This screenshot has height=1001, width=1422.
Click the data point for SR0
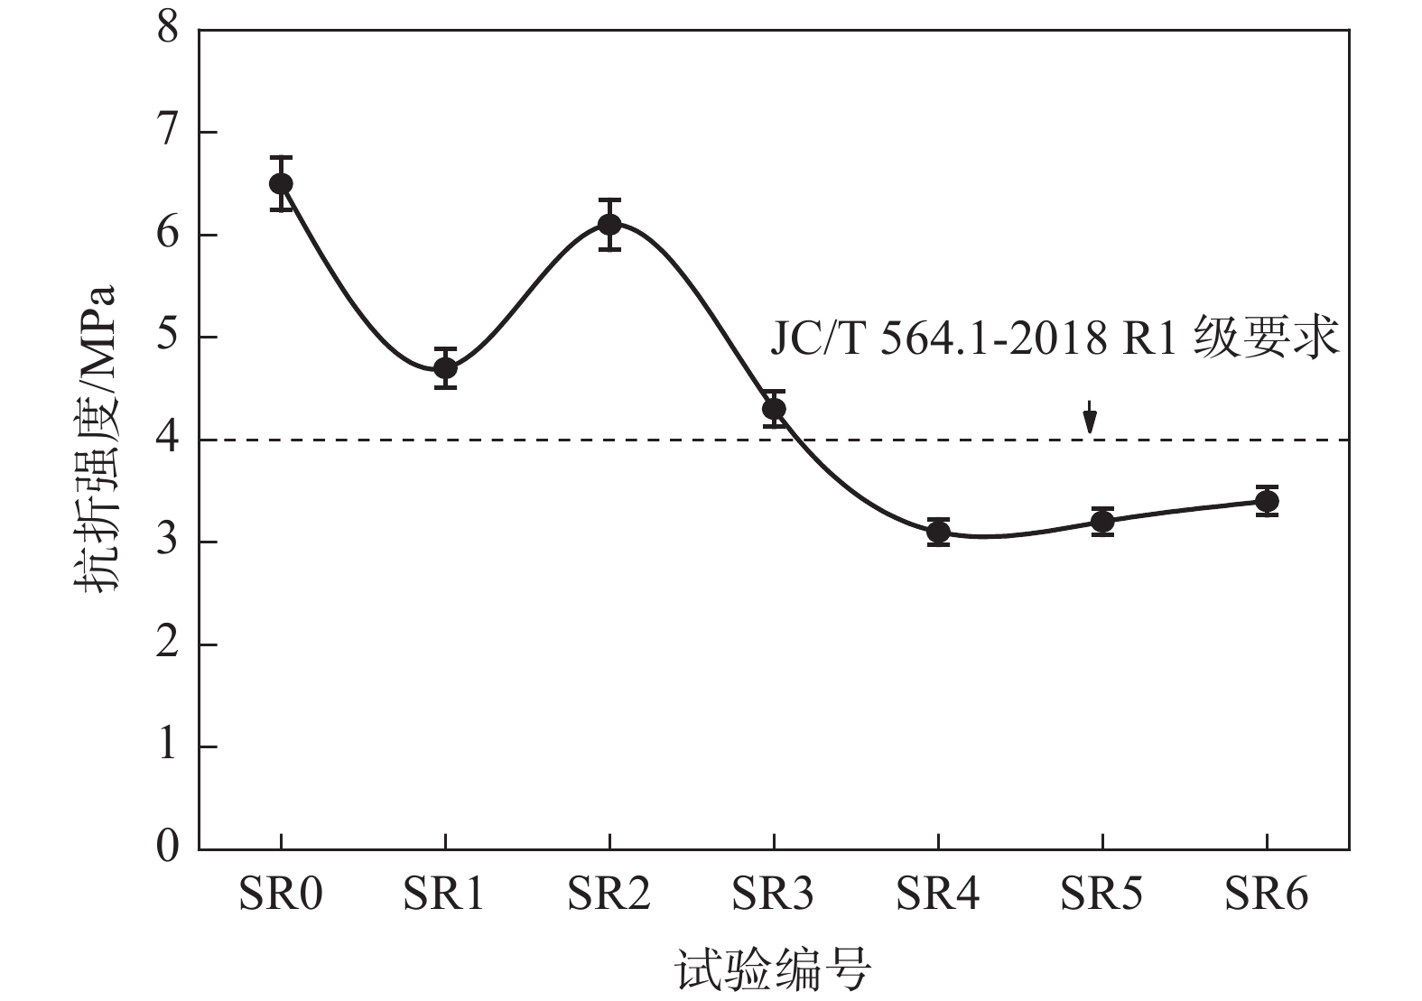(x=281, y=183)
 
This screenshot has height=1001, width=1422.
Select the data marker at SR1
(x=445, y=368)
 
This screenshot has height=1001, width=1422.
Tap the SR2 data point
(x=609, y=224)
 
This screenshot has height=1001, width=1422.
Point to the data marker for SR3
(x=774, y=409)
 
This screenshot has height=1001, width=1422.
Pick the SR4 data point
(x=938, y=532)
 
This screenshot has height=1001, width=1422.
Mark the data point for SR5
(x=1102, y=522)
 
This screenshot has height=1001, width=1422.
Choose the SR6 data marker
(x=1267, y=501)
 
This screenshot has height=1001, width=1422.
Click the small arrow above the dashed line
(x=1090, y=418)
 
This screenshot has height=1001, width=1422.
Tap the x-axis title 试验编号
(x=773, y=971)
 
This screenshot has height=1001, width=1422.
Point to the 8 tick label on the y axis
(x=168, y=30)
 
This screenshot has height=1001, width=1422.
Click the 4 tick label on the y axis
(x=168, y=440)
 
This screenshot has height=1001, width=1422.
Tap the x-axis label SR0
(x=281, y=894)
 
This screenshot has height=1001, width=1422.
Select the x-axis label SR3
(x=774, y=894)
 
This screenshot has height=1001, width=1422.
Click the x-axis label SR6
(x=1267, y=894)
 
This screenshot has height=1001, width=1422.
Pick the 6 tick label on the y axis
(x=168, y=235)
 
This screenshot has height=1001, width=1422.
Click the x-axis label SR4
(x=938, y=894)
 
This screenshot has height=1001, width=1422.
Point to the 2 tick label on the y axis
(x=168, y=644)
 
